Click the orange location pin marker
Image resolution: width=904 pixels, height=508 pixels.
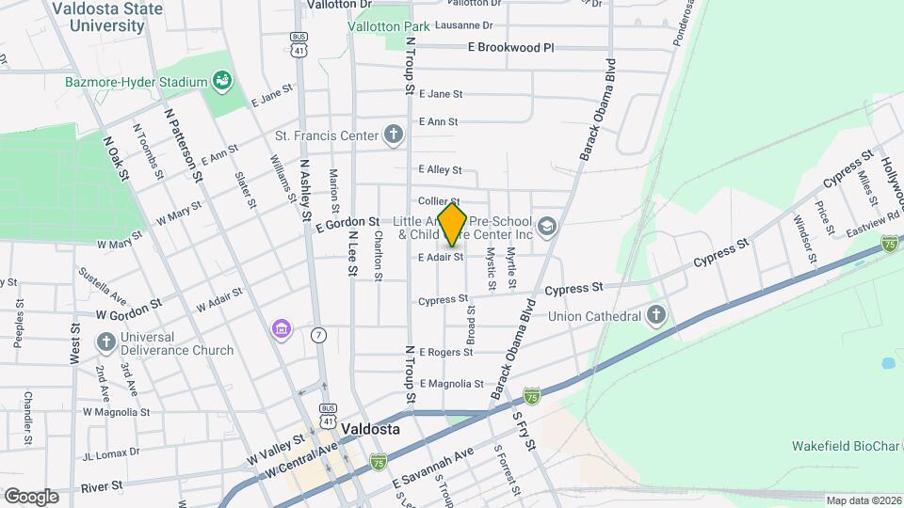point(453,225)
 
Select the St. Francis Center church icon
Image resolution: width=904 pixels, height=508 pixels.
point(395,135)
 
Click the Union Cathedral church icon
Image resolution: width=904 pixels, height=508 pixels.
point(657,315)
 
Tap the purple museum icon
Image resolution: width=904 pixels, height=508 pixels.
point(281,328)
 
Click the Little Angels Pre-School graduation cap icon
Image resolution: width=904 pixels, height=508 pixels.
point(548,226)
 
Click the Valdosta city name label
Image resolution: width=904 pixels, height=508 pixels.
point(370,429)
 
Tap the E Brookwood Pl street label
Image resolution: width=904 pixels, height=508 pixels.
point(511,47)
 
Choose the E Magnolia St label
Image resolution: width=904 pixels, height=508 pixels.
point(451,384)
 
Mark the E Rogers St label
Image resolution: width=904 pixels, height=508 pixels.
point(445,352)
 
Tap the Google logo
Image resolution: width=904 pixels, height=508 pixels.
point(31,496)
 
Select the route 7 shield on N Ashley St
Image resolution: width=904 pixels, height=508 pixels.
point(319,335)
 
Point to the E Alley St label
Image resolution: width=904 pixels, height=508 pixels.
point(441,170)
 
